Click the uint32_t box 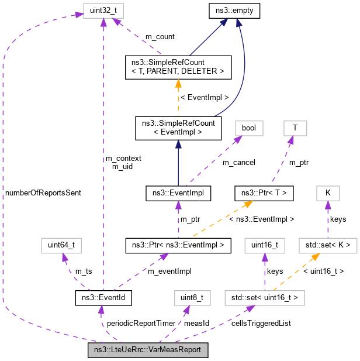click(104, 11)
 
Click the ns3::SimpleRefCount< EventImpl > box click(178, 128)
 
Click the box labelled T click(295, 128)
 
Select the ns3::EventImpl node click(178, 192)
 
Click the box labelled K click(328, 192)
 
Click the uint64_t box click(57, 245)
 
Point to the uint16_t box click(264, 245)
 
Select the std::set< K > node click(328, 245)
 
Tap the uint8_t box click(191, 298)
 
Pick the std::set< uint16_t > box click(265, 298)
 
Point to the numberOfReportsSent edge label click(43, 192)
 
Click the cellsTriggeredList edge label click(261, 323)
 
